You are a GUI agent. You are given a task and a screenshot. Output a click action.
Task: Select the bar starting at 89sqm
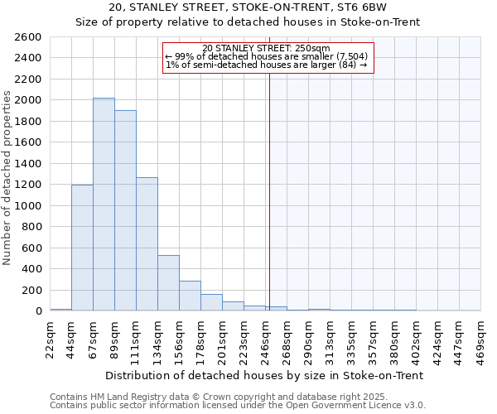[125, 210]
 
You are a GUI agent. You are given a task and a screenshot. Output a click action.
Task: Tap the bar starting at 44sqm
[82, 248]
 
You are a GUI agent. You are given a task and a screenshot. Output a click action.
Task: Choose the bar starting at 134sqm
[168, 283]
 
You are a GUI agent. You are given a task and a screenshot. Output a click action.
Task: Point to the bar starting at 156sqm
[190, 296]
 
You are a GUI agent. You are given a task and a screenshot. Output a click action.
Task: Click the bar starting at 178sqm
[211, 303]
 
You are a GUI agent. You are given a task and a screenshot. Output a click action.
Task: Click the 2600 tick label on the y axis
[27, 37]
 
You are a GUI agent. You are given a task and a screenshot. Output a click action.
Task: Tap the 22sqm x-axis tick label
[51, 338]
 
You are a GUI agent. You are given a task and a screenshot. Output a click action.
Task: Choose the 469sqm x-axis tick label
[481, 338]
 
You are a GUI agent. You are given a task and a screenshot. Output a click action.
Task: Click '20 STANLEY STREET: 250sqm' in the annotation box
[266, 48]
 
